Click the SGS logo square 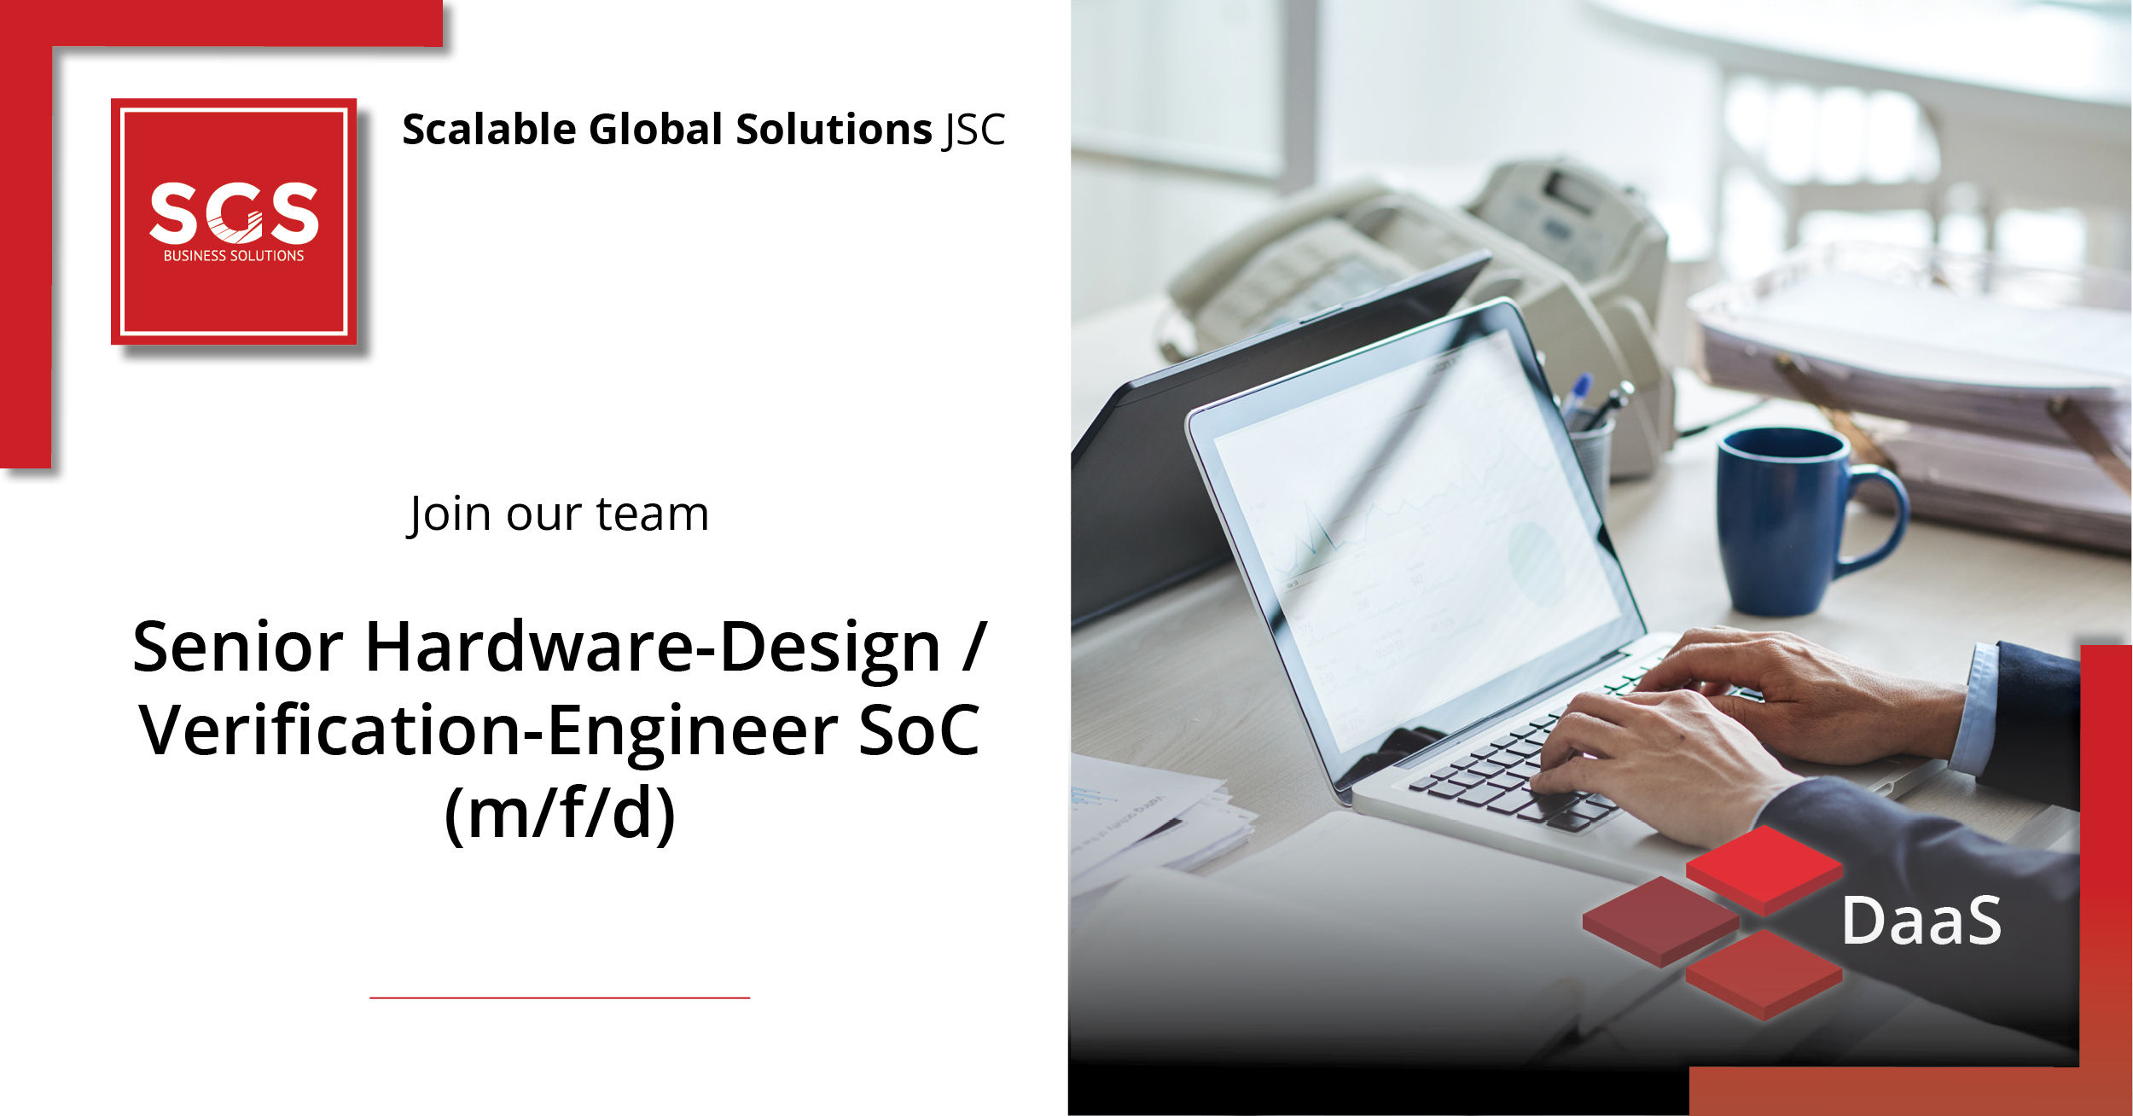click(234, 222)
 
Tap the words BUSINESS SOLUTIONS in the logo click(234, 256)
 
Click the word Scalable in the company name click(490, 130)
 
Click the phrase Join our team click(558, 514)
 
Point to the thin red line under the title click(560, 997)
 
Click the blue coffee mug click(1800, 521)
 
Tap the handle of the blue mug click(1877, 520)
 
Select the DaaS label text click(1921, 921)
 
